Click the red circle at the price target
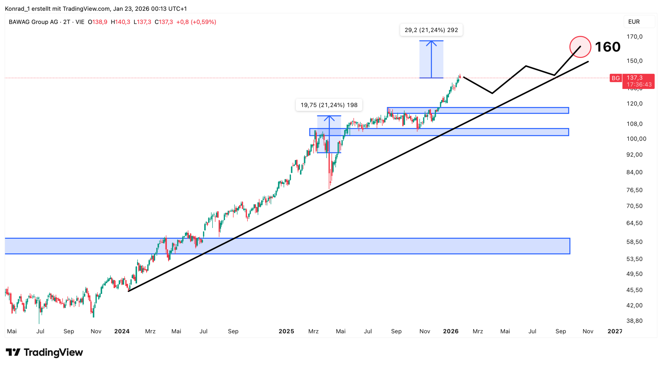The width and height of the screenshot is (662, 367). point(580,47)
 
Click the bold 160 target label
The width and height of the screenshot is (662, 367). point(607,47)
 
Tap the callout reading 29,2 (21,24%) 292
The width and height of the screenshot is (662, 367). point(431,30)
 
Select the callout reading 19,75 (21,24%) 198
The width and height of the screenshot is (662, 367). point(329,105)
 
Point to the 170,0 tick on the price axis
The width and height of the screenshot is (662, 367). point(634,37)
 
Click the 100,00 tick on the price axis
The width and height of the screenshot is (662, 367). point(636,139)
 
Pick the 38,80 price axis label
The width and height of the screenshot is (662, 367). point(634,321)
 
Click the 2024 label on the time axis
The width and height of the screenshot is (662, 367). point(122,331)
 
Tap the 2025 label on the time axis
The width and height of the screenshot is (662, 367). point(286,331)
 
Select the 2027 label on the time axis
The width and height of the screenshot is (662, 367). point(615,331)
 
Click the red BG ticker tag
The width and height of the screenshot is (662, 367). point(615,78)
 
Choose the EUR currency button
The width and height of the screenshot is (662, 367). point(634,22)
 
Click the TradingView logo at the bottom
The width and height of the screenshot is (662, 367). point(44,352)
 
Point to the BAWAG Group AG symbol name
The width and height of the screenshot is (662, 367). point(33,22)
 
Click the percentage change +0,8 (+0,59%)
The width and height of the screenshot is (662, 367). point(196,22)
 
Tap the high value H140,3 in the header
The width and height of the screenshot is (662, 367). point(121,22)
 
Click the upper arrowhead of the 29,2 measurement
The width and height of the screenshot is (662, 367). point(431,42)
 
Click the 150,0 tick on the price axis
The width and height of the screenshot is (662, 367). point(634,61)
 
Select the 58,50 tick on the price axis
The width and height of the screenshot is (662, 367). point(634,242)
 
